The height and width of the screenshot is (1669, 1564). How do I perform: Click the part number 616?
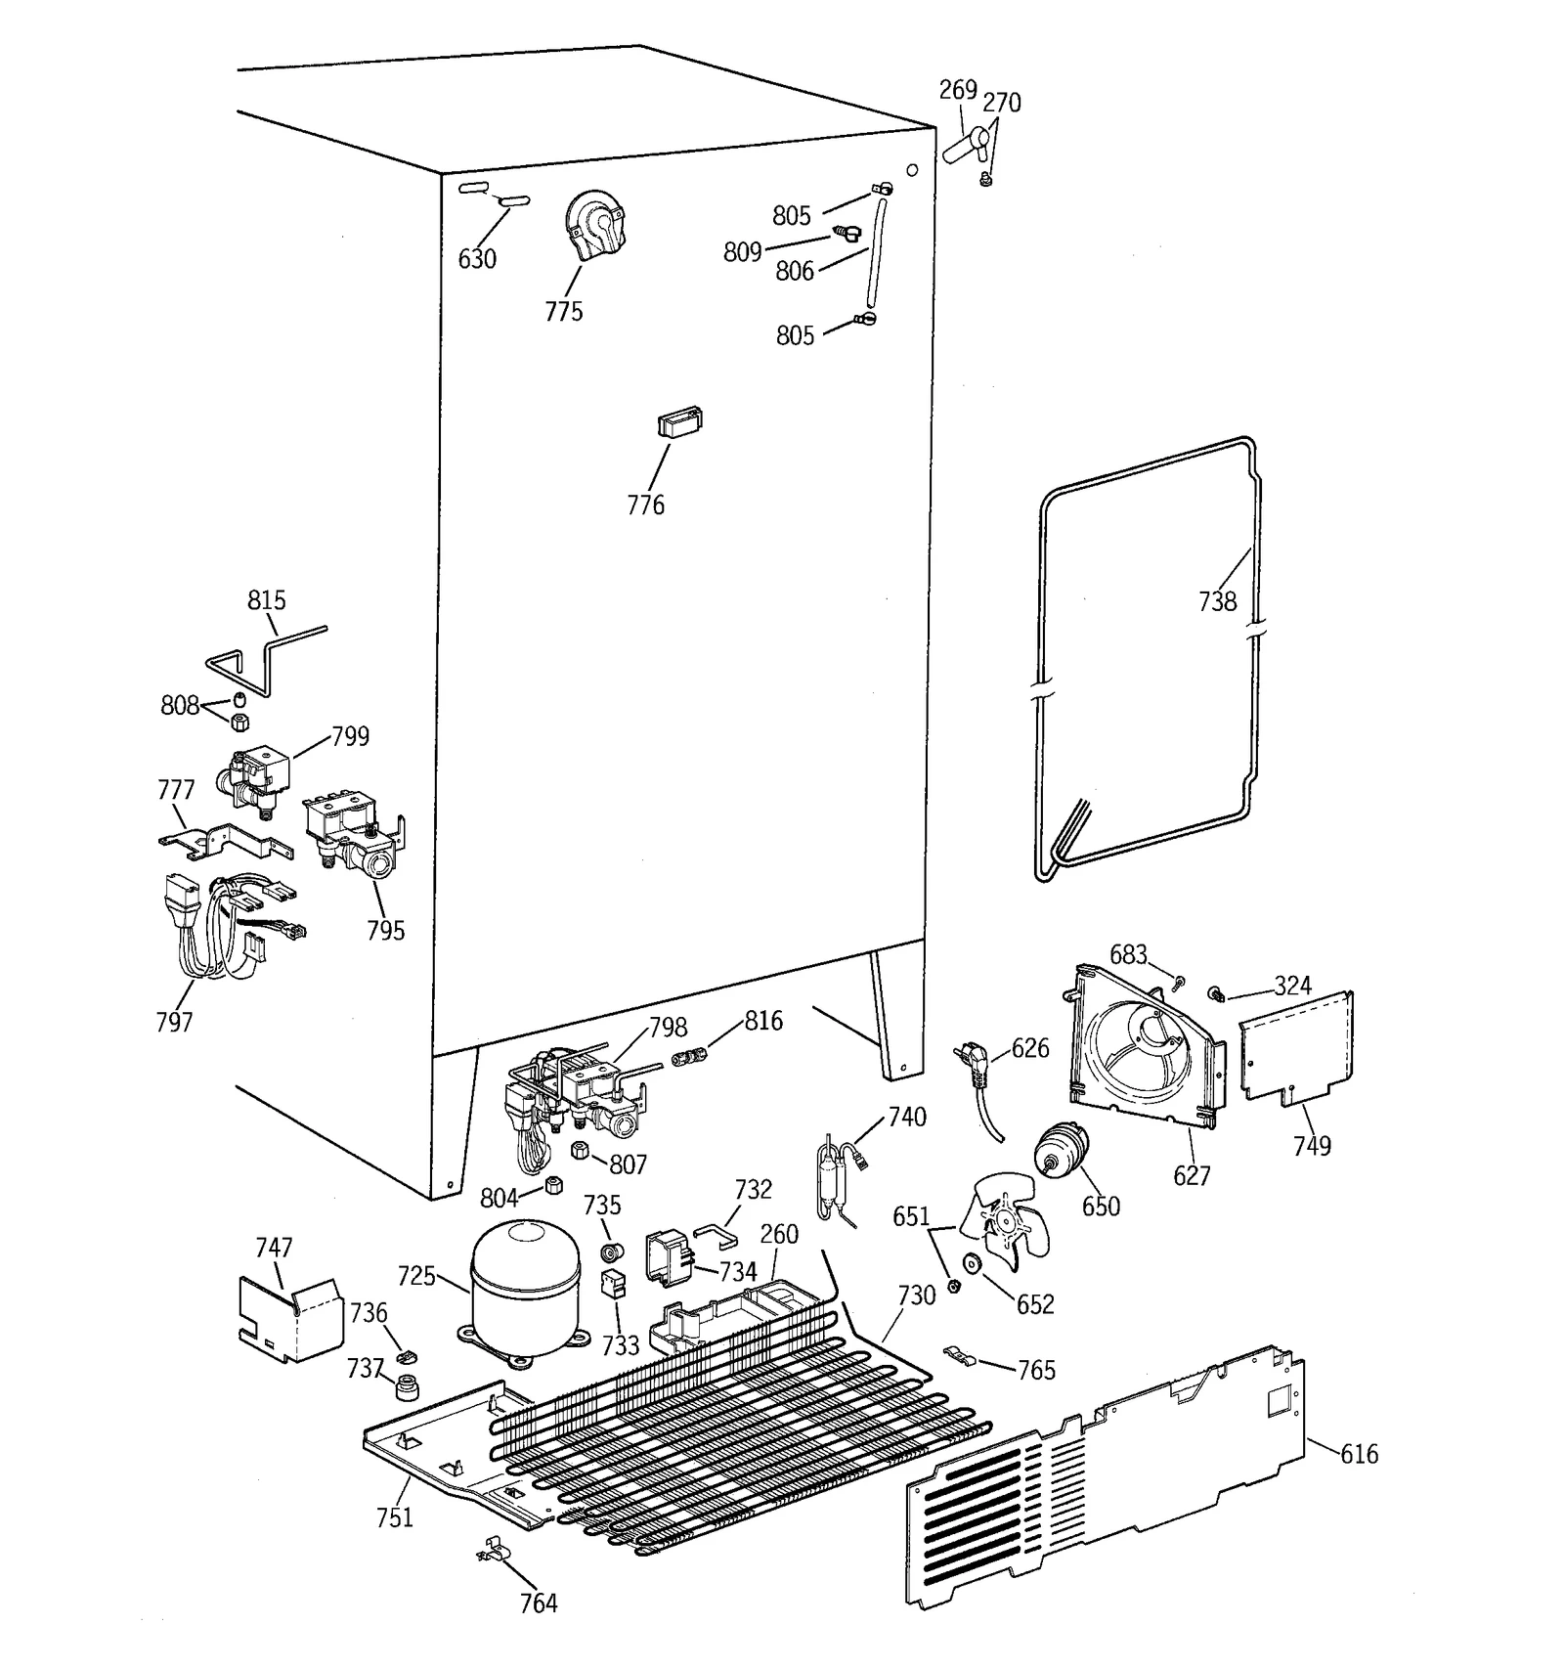1359,1454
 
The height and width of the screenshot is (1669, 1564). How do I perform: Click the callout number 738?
1218,601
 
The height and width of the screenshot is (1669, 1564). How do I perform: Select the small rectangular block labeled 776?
680,422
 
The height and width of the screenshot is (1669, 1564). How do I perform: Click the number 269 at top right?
958,90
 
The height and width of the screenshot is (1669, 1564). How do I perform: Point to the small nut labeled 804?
553,1186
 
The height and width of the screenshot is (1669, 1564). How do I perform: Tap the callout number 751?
395,1517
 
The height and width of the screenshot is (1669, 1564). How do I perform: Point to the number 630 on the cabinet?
477,259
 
